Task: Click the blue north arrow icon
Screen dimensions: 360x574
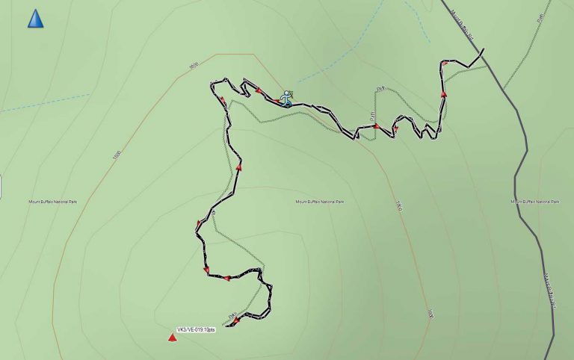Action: click(x=35, y=19)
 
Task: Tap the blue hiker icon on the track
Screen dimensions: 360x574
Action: click(x=287, y=99)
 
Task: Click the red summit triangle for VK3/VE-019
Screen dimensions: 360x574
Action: click(x=172, y=338)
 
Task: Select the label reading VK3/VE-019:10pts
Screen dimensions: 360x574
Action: click(x=196, y=329)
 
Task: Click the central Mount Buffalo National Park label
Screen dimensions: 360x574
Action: click(x=319, y=202)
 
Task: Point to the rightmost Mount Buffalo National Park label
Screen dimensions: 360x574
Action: click(x=535, y=202)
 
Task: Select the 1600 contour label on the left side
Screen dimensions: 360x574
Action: click(x=116, y=156)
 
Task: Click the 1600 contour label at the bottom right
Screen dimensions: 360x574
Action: click(x=430, y=313)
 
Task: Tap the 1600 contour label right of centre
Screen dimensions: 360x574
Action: click(x=398, y=205)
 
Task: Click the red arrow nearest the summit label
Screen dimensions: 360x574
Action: click(x=235, y=321)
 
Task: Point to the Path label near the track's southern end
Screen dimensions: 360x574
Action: click(x=232, y=314)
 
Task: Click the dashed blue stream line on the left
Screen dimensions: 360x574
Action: click(x=45, y=103)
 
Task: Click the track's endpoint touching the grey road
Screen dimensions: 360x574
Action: click(x=483, y=50)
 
